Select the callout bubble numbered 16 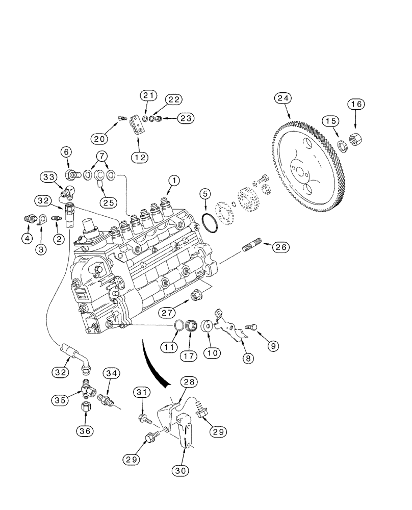coord(355,105)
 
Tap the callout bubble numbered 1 coord(174,181)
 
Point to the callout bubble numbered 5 coord(204,194)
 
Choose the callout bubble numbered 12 coord(139,158)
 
